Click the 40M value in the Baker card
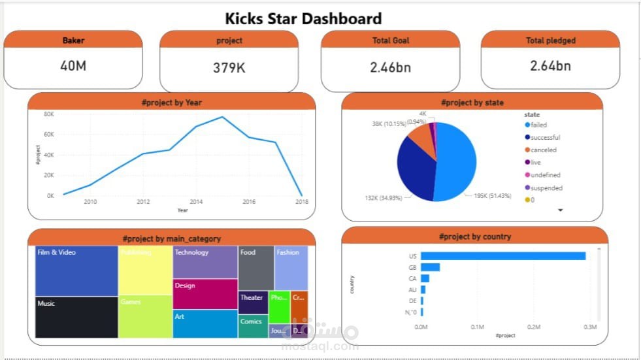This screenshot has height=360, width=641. (x=73, y=65)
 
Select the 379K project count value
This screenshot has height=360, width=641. (x=229, y=67)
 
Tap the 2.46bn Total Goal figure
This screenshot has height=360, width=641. (x=391, y=67)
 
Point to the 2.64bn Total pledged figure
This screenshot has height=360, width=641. (x=550, y=65)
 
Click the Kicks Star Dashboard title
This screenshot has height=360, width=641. (x=303, y=18)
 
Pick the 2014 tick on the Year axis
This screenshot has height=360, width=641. (x=196, y=202)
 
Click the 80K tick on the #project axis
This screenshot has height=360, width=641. (x=49, y=114)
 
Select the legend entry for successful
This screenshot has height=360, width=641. (x=545, y=137)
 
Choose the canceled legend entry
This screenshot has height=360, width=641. (x=543, y=150)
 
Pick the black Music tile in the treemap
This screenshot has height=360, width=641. (x=76, y=318)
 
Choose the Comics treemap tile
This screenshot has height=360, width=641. (x=253, y=325)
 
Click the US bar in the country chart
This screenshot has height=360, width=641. (x=502, y=256)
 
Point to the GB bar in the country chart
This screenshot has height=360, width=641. (x=430, y=267)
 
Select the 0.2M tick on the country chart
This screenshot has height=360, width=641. (x=534, y=327)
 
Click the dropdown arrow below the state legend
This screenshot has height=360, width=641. (x=560, y=210)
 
